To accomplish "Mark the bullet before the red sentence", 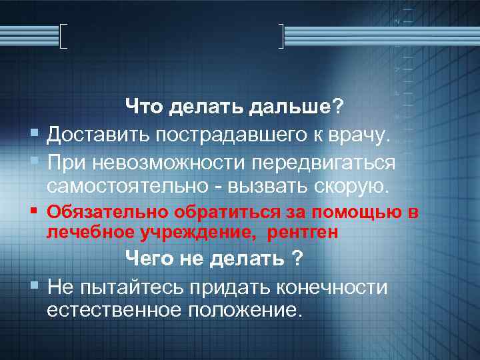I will (x=34, y=213).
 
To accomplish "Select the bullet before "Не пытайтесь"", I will (x=34, y=287).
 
